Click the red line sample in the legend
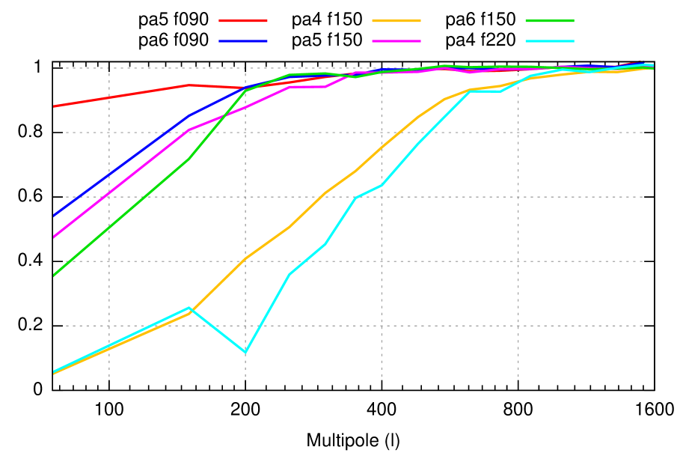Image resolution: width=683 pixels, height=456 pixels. tap(242, 21)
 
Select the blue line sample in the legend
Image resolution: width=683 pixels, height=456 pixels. tap(242, 41)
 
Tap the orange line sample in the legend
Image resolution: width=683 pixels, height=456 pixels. tap(396, 21)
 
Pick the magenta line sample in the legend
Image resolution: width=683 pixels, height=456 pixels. tap(396, 41)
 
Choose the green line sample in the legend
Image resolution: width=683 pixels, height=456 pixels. tap(550, 21)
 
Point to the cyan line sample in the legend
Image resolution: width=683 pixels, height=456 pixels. tap(550, 41)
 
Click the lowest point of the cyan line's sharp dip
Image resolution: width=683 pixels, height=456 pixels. tap(245, 352)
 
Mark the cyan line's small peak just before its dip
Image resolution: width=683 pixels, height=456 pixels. tap(189, 307)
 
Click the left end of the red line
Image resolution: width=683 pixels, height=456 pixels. tap(54, 106)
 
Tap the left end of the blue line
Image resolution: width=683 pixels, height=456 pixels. tap(54, 216)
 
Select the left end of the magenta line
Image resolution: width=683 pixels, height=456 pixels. tap(54, 237)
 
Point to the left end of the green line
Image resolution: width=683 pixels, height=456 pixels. tap(54, 276)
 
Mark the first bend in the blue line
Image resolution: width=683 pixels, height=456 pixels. tap(189, 116)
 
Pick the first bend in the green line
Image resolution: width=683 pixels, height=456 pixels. tap(189, 159)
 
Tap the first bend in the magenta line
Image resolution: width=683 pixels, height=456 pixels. tap(189, 130)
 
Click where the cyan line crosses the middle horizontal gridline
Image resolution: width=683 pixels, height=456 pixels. tap(357, 197)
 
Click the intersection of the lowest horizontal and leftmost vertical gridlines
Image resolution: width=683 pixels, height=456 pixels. tap(109, 326)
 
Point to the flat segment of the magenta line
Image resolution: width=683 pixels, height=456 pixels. tap(307, 87)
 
